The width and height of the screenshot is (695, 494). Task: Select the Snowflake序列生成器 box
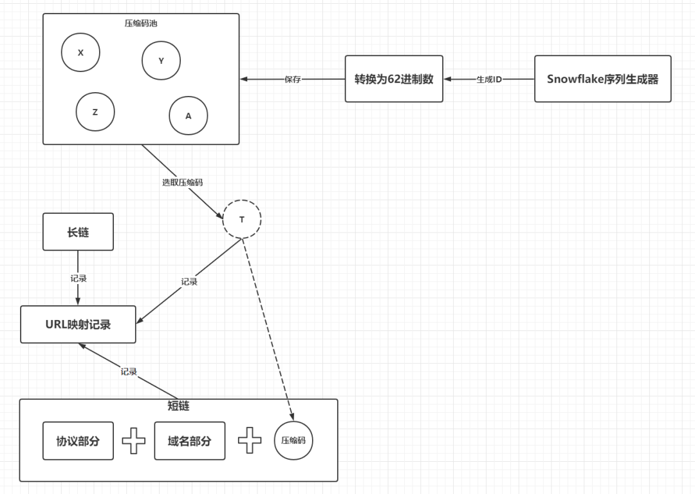click(603, 79)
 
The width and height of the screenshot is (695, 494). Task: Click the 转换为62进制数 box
click(394, 79)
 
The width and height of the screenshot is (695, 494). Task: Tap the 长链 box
click(78, 231)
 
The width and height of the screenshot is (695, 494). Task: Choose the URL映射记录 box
click(78, 324)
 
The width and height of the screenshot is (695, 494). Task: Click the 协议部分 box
click(78, 441)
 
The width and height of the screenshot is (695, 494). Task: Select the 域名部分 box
click(190, 441)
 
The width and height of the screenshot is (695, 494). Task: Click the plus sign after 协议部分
click(134, 441)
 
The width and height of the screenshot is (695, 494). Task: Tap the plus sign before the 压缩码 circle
click(250, 441)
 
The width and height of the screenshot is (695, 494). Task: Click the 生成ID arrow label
click(489, 79)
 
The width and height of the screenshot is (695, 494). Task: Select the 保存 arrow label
click(293, 79)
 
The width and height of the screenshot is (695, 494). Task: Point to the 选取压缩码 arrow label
click(182, 182)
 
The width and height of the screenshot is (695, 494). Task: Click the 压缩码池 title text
click(141, 23)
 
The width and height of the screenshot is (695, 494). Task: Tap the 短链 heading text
click(179, 405)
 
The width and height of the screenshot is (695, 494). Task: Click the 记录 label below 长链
click(79, 278)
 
